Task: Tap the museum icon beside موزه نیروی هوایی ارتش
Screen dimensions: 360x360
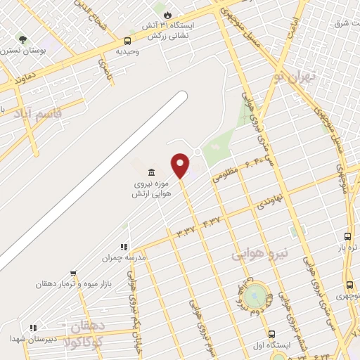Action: (x=152, y=173)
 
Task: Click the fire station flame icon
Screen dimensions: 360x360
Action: (x=167, y=14)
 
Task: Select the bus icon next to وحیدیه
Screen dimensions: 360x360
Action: (x=127, y=41)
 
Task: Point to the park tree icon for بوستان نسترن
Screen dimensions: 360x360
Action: (x=22, y=40)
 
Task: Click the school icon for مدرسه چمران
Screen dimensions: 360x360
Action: (x=124, y=247)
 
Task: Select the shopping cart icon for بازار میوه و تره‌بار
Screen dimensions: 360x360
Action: (x=73, y=274)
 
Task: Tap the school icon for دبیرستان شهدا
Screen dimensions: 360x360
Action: (x=32, y=328)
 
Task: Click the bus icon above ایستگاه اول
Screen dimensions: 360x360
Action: (x=271, y=333)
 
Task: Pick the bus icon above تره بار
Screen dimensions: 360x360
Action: (x=347, y=236)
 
